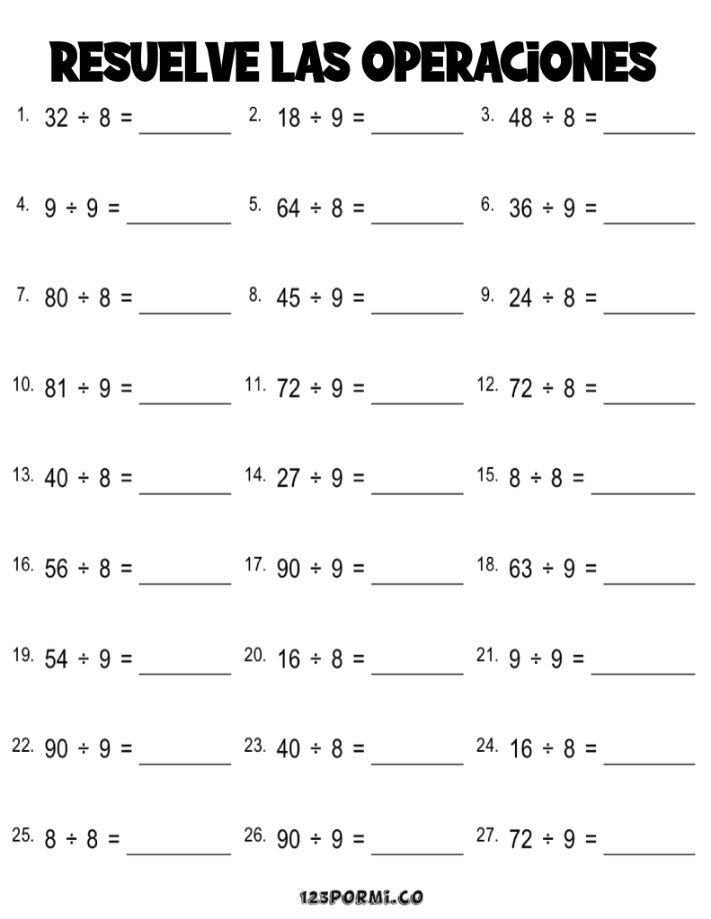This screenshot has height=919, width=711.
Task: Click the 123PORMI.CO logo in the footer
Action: pyautogui.click(x=360, y=897)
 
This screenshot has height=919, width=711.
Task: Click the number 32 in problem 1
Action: pyautogui.click(x=56, y=119)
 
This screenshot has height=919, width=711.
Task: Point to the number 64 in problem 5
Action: pyautogui.click(x=289, y=208)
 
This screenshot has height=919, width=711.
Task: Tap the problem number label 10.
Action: pyautogui.click(x=23, y=385)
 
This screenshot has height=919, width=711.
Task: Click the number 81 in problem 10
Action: pyautogui.click(x=56, y=389)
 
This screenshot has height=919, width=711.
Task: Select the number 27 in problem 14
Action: pyautogui.click(x=289, y=479)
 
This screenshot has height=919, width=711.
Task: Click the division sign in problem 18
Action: pyautogui.click(x=547, y=570)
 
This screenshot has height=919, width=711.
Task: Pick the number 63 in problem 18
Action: pyautogui.click(x=520, y=570)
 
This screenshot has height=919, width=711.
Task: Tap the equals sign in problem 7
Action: pyautogui.click(x=126, y=299)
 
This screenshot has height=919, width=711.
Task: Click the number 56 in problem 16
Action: pyautogui.click(x=56, y=570)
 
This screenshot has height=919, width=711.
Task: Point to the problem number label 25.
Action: pyautogui.click(x=23, y=835)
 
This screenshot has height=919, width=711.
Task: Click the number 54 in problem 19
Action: pyautogui.click(x=56, y=659)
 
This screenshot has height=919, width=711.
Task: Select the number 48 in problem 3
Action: pyautogui.click(x=520, y=119)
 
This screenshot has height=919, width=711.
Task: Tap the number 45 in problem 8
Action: pyautogui.click(x=289, y=299)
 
